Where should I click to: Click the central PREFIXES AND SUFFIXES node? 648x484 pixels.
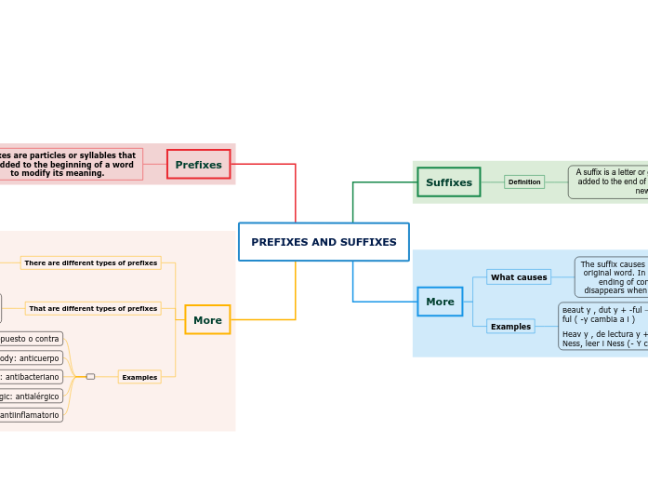(x=324, y=242)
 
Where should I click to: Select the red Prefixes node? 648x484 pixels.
(x=198, y=165)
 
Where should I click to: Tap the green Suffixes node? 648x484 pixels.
(x=448, y=182)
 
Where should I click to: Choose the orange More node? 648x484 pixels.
(x=207, y=320)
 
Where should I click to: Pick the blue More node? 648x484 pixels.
(x=440, y=302)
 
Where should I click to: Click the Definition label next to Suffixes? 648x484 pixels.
(x=524, y=182)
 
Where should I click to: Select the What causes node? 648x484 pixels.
(x=519, y=277)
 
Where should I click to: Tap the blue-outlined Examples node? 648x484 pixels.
(x=510, y=327)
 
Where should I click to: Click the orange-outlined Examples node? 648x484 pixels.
(x=139, y=377)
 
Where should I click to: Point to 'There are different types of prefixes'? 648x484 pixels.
(x=91, y=263)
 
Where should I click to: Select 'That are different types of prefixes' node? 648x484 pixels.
(x=93, y=308)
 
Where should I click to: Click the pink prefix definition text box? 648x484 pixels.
(x=70, y=165)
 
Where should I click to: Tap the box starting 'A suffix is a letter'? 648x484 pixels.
(x=609, y=182)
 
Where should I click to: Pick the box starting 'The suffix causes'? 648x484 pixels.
(x=612, y=277)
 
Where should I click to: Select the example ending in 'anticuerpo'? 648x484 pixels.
(x=31, y=357)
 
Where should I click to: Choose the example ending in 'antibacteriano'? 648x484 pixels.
(x=31, y=377)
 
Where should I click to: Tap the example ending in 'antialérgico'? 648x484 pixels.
(x=31, y=396)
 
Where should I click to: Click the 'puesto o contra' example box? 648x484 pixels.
(x=31, y=339)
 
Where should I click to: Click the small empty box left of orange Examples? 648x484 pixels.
(x=90, y=377)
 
